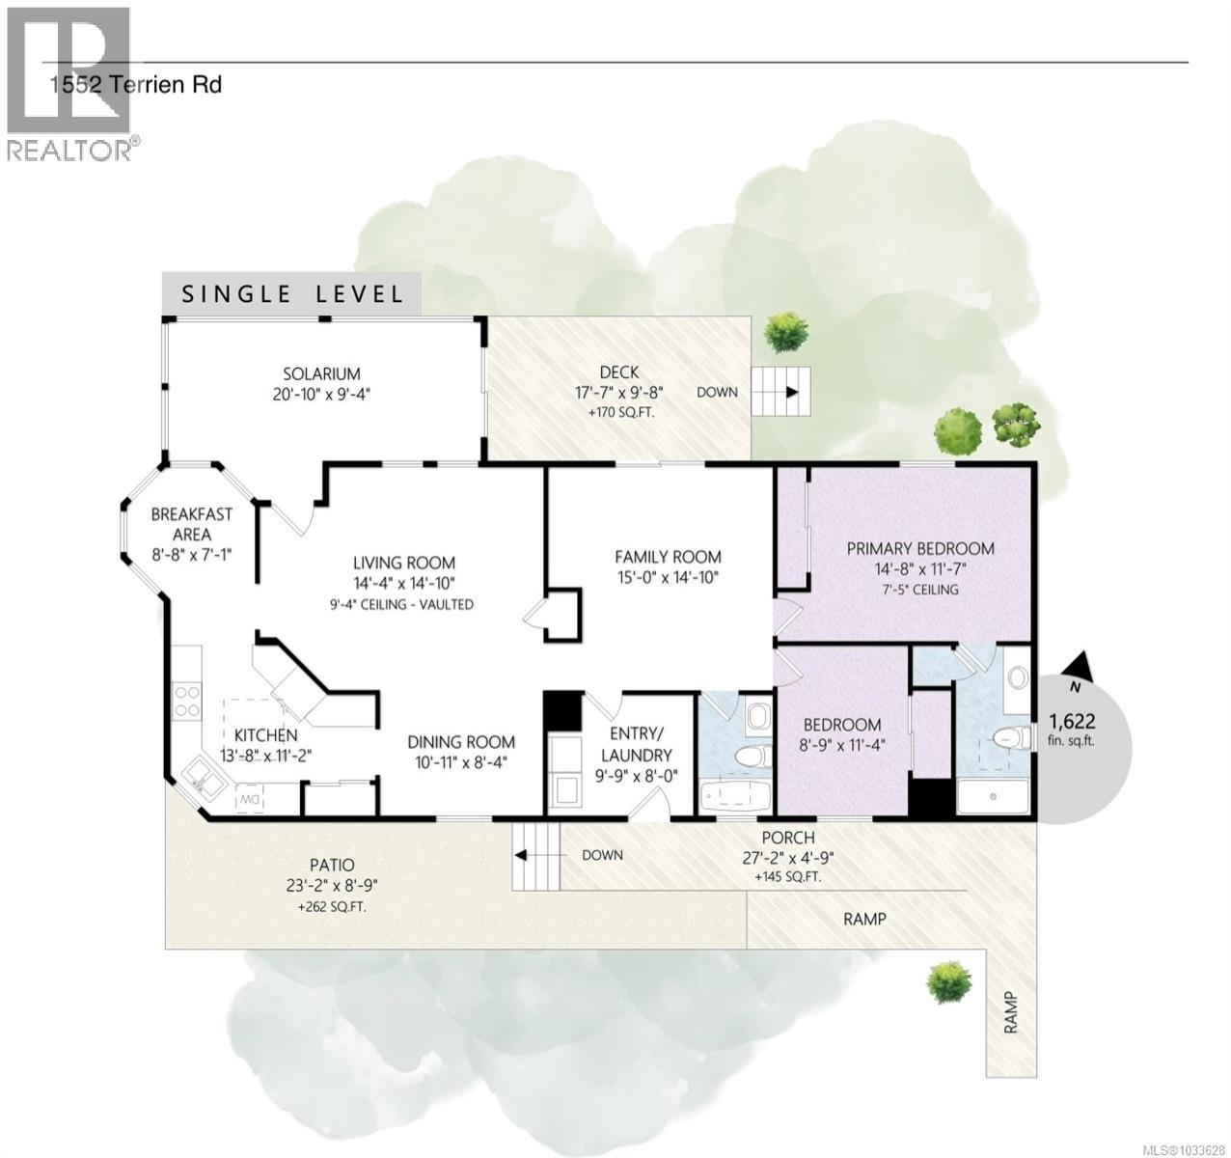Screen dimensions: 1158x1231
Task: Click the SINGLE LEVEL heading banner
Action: click(x=292, y=293)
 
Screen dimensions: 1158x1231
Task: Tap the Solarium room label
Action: click(x=321, y=373)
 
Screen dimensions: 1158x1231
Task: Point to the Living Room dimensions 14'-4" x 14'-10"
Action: click(x=403, y=583)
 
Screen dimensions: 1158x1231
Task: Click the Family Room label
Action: click(x=668, y=557)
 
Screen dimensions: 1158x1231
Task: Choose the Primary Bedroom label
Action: click(x=919, y=548)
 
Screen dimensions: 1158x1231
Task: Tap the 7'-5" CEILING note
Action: click(x=919, y=590)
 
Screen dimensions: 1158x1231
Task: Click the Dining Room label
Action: click(x=460, y=742)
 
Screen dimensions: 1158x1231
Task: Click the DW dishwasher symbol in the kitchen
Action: click(x=250, y=800)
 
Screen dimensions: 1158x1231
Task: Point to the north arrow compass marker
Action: click(x=1080, y=665)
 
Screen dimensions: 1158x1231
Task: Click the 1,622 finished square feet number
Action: click(x=1071, y=721)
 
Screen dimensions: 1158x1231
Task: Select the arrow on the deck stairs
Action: click(x=791, y=392)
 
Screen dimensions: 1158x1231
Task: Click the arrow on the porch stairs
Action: click(x=521, y=855)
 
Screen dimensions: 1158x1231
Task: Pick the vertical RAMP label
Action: click(x=1011, y=1013)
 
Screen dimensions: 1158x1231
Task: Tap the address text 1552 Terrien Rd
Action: click(x=136, y=85)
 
